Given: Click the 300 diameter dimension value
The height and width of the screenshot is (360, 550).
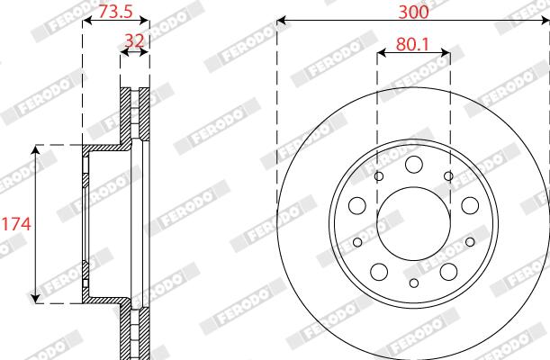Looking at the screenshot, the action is (413, 12).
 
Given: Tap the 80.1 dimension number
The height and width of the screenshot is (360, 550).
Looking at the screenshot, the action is (412, 44).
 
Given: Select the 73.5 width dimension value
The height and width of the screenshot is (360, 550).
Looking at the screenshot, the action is (115, 11).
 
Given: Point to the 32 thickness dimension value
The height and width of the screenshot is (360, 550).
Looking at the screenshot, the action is (134, 41).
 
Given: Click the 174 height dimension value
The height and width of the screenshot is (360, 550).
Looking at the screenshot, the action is (16, 224).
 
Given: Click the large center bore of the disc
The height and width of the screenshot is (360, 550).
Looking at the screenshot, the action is (414, 223).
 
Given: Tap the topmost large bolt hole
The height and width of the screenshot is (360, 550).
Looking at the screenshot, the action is (414, 165).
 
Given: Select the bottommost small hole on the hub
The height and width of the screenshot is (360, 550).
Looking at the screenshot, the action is (414, 283).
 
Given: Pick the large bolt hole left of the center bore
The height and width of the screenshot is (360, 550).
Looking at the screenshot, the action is (357, 205).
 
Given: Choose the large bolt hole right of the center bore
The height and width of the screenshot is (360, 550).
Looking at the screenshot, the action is (471, 205).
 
